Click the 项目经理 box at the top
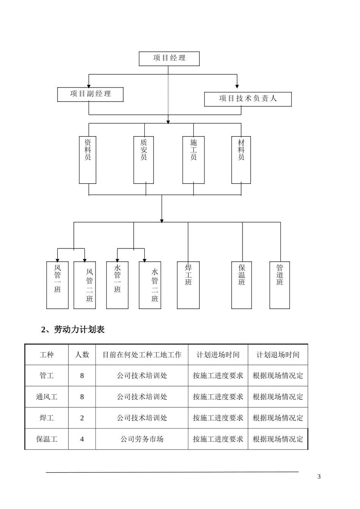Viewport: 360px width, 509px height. pos(169,58)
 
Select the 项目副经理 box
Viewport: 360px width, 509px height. pos(90,94)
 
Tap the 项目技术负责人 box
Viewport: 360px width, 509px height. pos(248,99)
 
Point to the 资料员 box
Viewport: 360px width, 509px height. pos(88,160)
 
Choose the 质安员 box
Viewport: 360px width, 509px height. pos(144,160)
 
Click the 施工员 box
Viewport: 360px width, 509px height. pos(193,160)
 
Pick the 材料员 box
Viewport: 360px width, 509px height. pos(241,160)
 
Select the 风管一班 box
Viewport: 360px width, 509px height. pos(57,285)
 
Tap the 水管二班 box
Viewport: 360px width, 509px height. pos(150,285)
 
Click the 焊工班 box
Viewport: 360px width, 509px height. pos(188,285)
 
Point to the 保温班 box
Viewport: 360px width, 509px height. pos(242,285)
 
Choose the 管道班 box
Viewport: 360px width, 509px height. pos(280,285)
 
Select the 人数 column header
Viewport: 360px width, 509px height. pos(82,354)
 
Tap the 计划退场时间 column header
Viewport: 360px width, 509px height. pos(278,354)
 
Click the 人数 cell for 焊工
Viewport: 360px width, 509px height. pos(82,418)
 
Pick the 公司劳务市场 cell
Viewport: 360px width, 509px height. pos(142,439)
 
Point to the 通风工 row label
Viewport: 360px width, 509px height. pos(47,397)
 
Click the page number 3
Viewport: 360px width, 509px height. pos(319,476)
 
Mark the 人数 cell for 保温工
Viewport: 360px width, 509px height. pos(82,439)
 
